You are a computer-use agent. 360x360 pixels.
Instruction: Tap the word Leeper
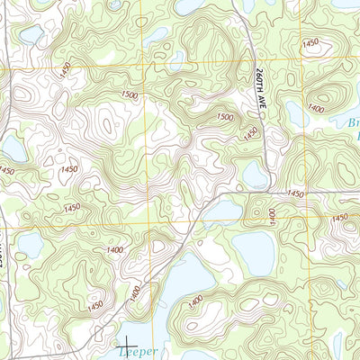(x=137, y=353)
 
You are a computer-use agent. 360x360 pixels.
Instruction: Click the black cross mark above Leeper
(x=127, y=344)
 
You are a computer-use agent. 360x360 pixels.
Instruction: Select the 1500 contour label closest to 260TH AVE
(x=225, y=118)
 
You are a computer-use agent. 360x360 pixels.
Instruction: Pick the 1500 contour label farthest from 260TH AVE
(x=129, y=95)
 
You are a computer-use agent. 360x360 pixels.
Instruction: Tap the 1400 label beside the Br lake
(x=316, y=108)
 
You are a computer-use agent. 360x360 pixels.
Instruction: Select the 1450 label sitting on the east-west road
(x=295, y=193)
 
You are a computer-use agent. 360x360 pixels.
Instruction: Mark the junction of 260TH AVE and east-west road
(x=268, y=192)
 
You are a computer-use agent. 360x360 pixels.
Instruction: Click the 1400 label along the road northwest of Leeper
(x=134, y=292)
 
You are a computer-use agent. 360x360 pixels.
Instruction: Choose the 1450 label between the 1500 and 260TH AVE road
(x=251, y=132)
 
